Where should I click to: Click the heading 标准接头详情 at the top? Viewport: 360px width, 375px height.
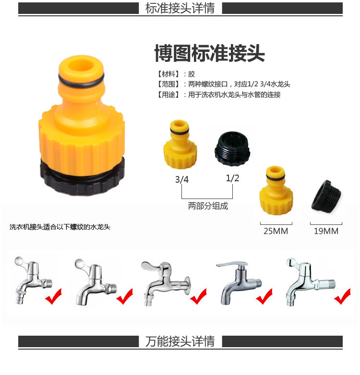[180, 8]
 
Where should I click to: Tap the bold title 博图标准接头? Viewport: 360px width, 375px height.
[210, 53]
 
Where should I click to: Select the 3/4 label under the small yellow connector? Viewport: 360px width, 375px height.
[182, 179]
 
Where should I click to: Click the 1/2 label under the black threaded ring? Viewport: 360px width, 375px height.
[232, 178]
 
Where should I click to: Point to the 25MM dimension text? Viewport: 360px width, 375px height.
[276, 231]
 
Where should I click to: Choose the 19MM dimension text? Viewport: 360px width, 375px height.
[326, 231]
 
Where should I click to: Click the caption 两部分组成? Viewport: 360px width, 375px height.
[208, 206]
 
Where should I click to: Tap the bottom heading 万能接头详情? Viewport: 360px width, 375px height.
[180, 341]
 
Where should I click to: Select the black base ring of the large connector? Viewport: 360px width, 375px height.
[82, 179]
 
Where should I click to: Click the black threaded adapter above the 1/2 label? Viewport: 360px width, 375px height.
[232, 149]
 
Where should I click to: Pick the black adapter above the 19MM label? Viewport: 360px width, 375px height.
[326, 196]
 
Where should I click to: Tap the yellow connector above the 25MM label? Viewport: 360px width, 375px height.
[276, 190]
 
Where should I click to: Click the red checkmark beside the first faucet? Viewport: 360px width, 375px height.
[54, 296]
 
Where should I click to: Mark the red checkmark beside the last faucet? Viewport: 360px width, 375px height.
[343, 296]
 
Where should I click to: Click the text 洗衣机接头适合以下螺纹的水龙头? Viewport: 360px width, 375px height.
[60, 227]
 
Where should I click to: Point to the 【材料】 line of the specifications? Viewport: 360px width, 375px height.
[176, 74]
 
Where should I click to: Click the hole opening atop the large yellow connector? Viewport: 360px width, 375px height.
[81, 65]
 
